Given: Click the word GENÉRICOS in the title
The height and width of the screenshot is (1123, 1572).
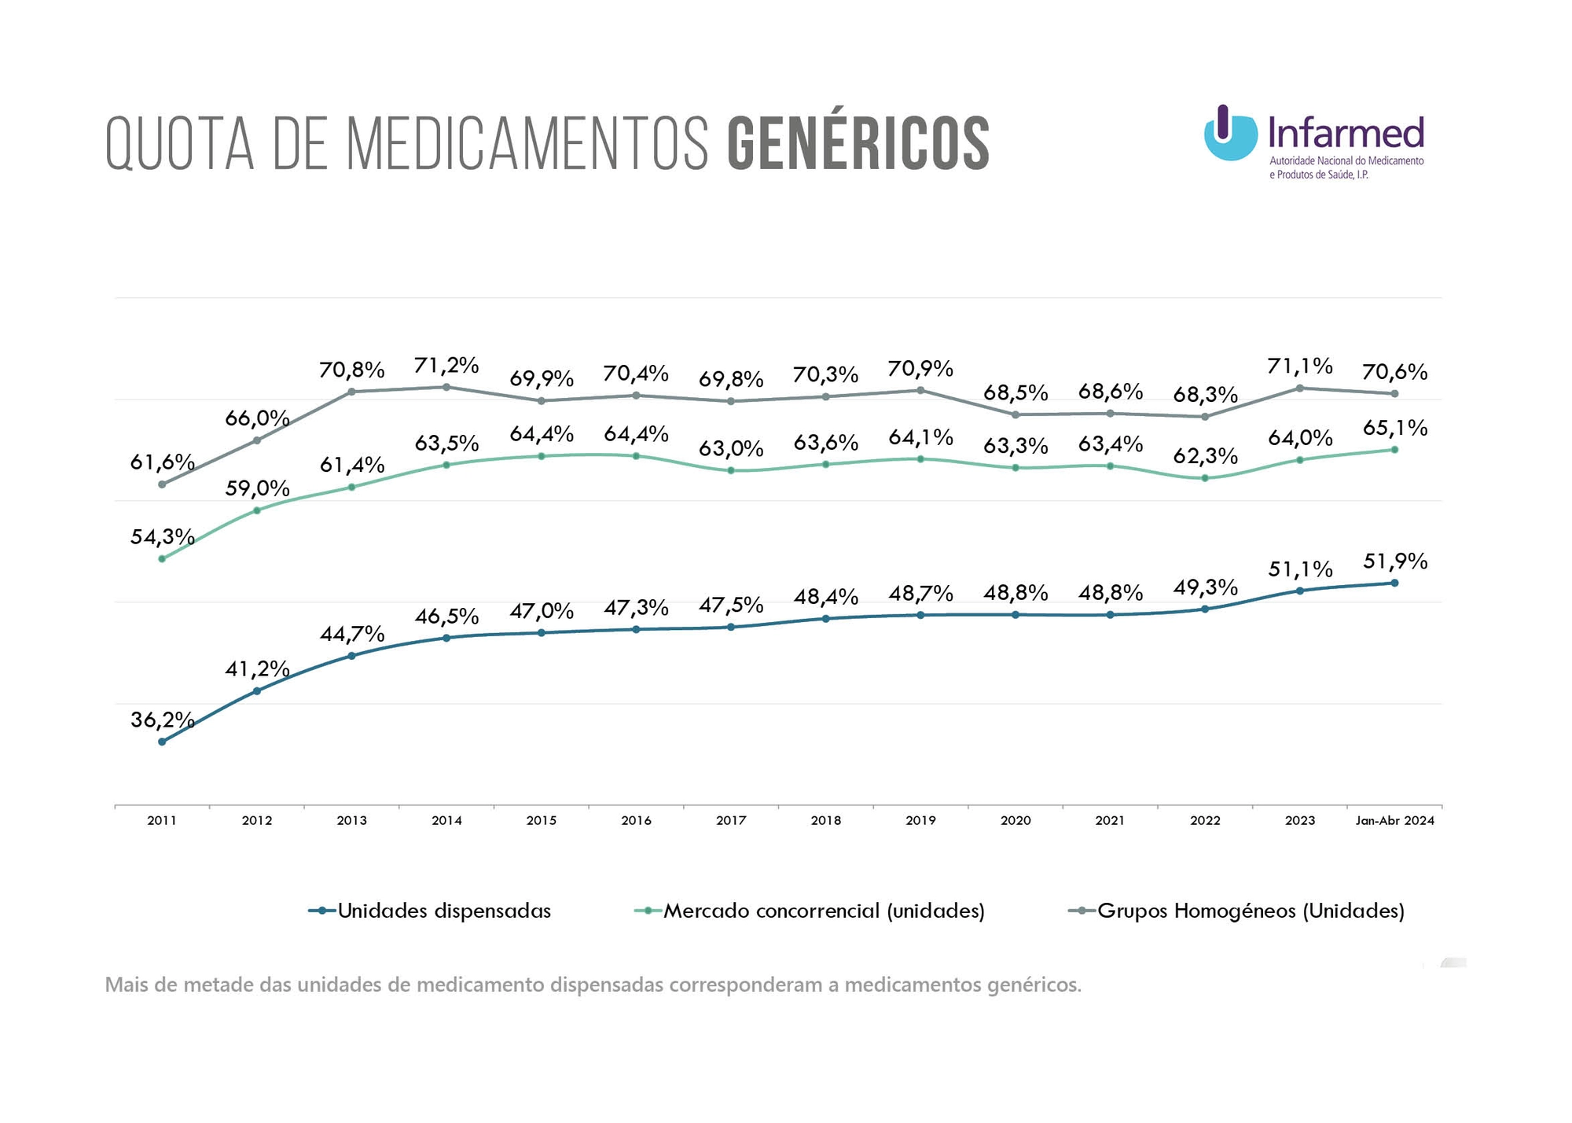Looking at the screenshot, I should (858, 143).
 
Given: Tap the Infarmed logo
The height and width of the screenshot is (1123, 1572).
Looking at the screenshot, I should (1313, 141).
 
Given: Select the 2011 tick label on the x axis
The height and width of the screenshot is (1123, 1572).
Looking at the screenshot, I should (162, 820).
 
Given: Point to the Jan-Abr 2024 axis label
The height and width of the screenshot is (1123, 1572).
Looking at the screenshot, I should (1394, 820).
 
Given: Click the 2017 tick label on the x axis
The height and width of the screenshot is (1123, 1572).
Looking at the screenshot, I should (731, 820).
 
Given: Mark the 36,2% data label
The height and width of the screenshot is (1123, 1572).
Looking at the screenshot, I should (162, 720).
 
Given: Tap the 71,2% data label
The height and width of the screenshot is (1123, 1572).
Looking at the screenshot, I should (446, 365).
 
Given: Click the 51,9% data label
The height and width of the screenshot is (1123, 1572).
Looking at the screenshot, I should (1395, 561).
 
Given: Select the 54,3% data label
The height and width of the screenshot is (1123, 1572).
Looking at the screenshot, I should (162, 537).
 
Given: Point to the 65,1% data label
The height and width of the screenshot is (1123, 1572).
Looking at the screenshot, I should (1395, 428).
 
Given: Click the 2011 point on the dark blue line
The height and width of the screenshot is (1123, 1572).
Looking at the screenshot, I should (162, 742).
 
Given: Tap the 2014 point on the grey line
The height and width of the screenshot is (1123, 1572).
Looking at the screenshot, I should (446, 387).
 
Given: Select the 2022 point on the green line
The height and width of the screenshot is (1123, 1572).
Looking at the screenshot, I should (1205, 478).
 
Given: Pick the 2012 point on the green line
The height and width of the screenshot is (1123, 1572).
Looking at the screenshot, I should (257, 510).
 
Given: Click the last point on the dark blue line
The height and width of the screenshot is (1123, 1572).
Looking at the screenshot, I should (1394, 583).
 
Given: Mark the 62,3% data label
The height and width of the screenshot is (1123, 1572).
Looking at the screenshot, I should (1205, 456).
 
